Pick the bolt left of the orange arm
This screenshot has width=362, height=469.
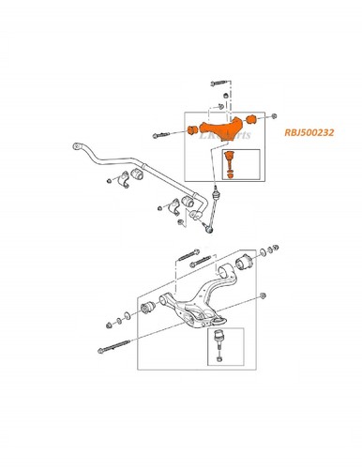pos(157,138)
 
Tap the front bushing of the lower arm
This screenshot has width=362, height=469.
pos(147,309)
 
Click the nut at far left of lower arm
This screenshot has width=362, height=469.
pos(109,325)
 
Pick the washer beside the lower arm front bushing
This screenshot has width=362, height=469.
pos(127,311)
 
